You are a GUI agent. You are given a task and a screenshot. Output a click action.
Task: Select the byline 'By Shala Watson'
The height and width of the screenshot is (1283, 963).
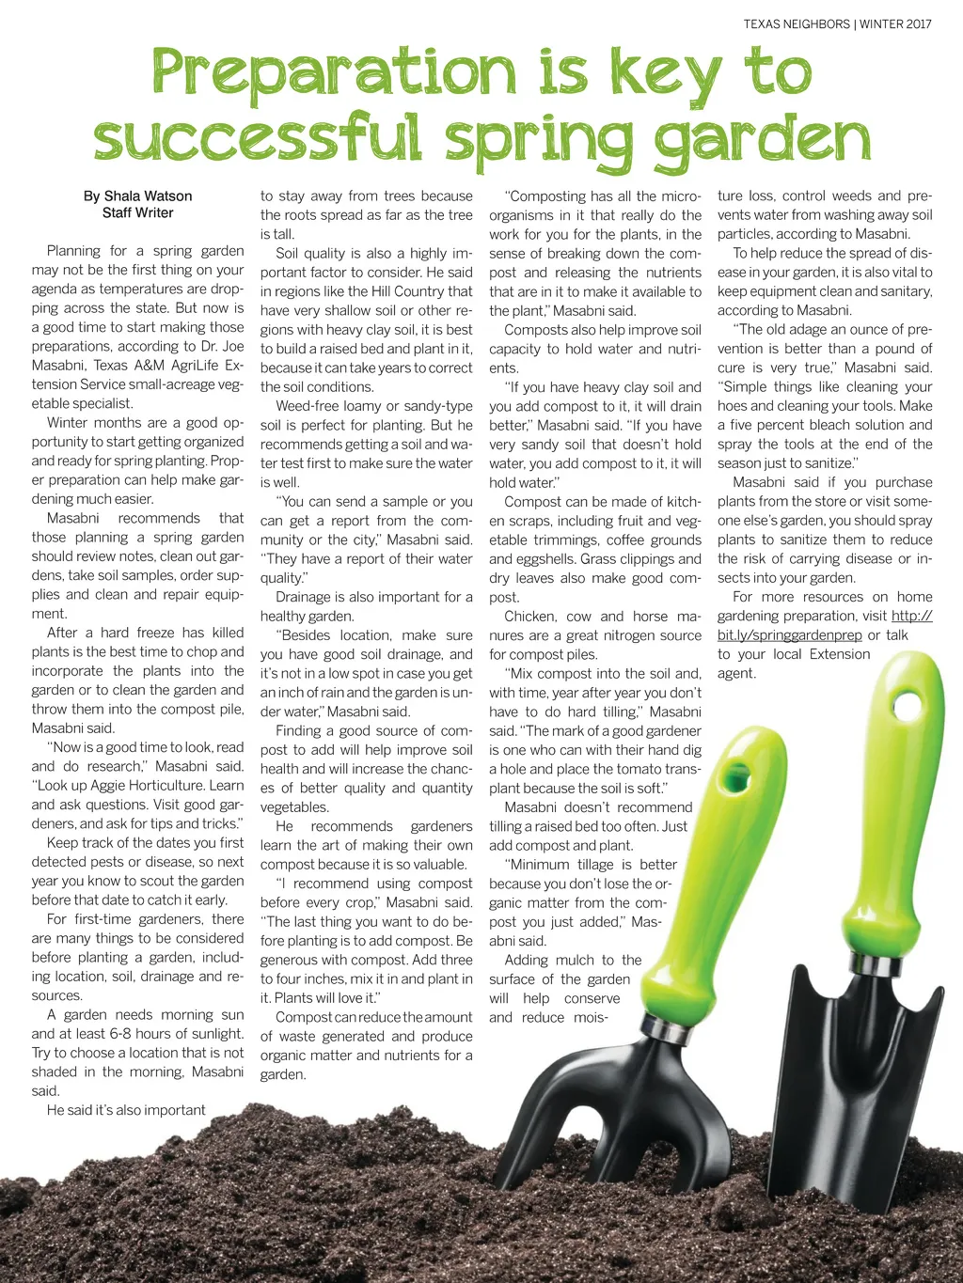137,196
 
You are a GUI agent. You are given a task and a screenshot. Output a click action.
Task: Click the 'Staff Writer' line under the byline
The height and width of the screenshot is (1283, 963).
137,213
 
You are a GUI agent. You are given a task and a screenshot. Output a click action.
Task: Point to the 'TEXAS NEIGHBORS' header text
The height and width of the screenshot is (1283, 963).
796,24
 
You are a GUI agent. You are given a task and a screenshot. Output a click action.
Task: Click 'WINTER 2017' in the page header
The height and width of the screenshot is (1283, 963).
895,24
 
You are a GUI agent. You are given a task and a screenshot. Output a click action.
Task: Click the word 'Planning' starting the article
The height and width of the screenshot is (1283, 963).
73,251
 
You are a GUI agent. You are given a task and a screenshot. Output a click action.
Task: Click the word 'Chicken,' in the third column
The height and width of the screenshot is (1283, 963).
530,617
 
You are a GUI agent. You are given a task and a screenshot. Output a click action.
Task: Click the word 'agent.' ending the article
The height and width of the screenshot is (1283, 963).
736,673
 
